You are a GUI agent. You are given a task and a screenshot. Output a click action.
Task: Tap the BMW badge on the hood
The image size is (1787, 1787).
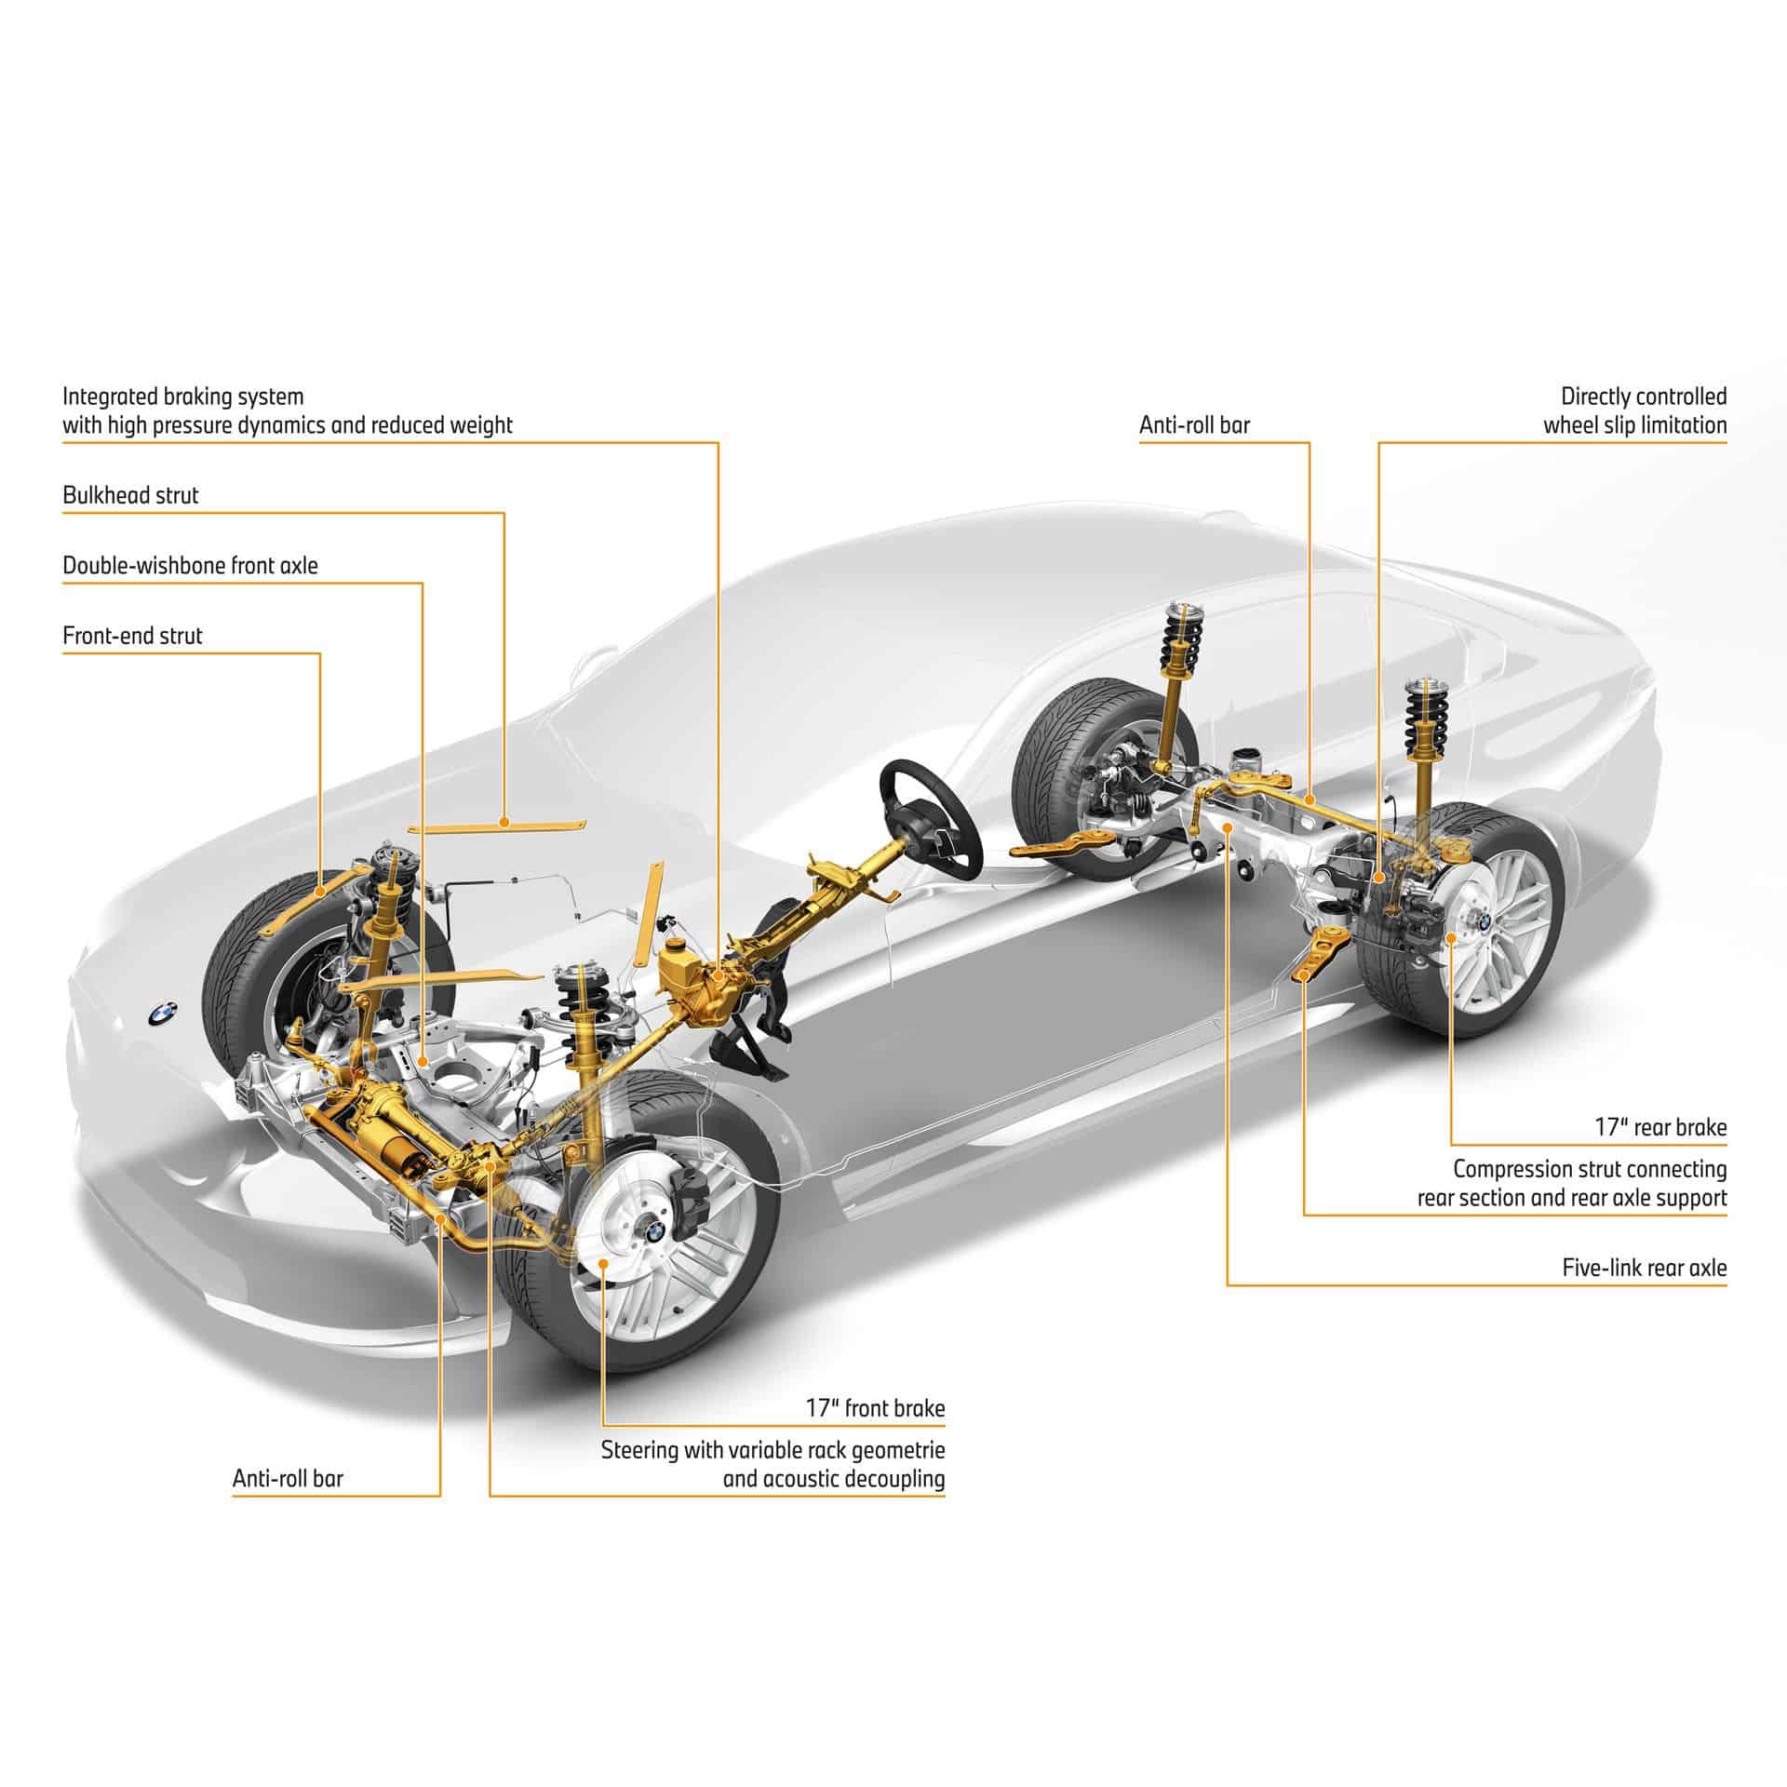tap(162, 1013)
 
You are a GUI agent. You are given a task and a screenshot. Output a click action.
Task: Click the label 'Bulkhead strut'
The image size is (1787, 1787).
tap(130, 495)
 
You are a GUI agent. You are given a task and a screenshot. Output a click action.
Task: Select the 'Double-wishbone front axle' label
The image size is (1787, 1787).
tap(190, 566)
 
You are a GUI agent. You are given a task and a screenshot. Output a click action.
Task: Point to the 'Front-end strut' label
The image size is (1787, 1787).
tap(132, 637)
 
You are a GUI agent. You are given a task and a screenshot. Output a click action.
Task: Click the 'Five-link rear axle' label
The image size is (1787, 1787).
tap(1644, 1268)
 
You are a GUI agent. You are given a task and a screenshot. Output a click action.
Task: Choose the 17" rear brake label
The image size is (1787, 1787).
tap(1659, 1128)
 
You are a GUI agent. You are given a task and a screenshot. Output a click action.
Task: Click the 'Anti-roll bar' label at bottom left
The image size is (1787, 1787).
tap(288, 1479)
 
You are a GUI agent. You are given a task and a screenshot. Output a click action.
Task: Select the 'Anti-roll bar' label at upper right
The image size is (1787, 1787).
tap(1194, 426)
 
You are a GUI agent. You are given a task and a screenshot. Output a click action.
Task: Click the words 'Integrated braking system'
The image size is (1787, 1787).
tap(183, 397)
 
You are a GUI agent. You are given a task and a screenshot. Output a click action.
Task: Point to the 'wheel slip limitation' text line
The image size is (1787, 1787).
tap(1635, 426)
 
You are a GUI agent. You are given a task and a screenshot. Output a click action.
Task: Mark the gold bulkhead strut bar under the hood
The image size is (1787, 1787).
tap(498, 825)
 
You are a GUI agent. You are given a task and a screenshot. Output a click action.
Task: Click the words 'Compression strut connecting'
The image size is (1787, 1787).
tap(1590, 1168)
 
